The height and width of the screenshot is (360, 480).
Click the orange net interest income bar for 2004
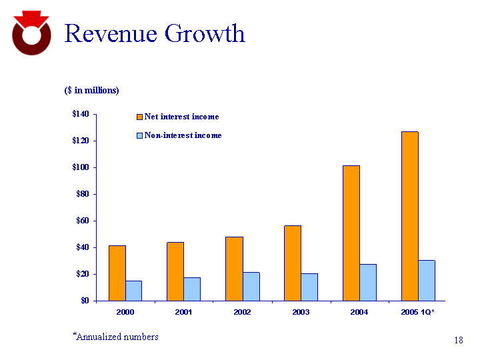click(x=351, y=233)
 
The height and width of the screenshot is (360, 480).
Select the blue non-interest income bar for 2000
click(x=134, y=290)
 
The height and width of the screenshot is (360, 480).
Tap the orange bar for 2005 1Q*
click(x=410, y=216)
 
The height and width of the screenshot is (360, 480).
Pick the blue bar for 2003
click(x=309, y=287)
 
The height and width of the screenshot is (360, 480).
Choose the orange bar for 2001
click(x=175, y=271)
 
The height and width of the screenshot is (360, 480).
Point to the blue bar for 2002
click(x=251, y=286)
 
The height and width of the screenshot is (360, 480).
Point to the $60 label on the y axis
click(x=83, y=221)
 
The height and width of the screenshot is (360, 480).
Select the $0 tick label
click(x=85, y=301)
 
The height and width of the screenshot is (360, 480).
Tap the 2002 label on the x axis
click(x=243, y=313)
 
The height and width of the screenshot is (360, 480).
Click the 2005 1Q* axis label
click(x=418, y=313)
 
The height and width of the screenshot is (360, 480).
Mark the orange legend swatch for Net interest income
click(x=139, y=117)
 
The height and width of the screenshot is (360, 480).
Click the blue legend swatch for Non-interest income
click(x=139, y=135)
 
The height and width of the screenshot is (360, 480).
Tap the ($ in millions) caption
click(x=91, y=90)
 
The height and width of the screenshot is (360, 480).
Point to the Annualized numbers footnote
click(x=116, y=337)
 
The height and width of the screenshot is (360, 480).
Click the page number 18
click(x=458, y=341)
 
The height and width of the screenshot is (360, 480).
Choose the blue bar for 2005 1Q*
click(x=427, y=280)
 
